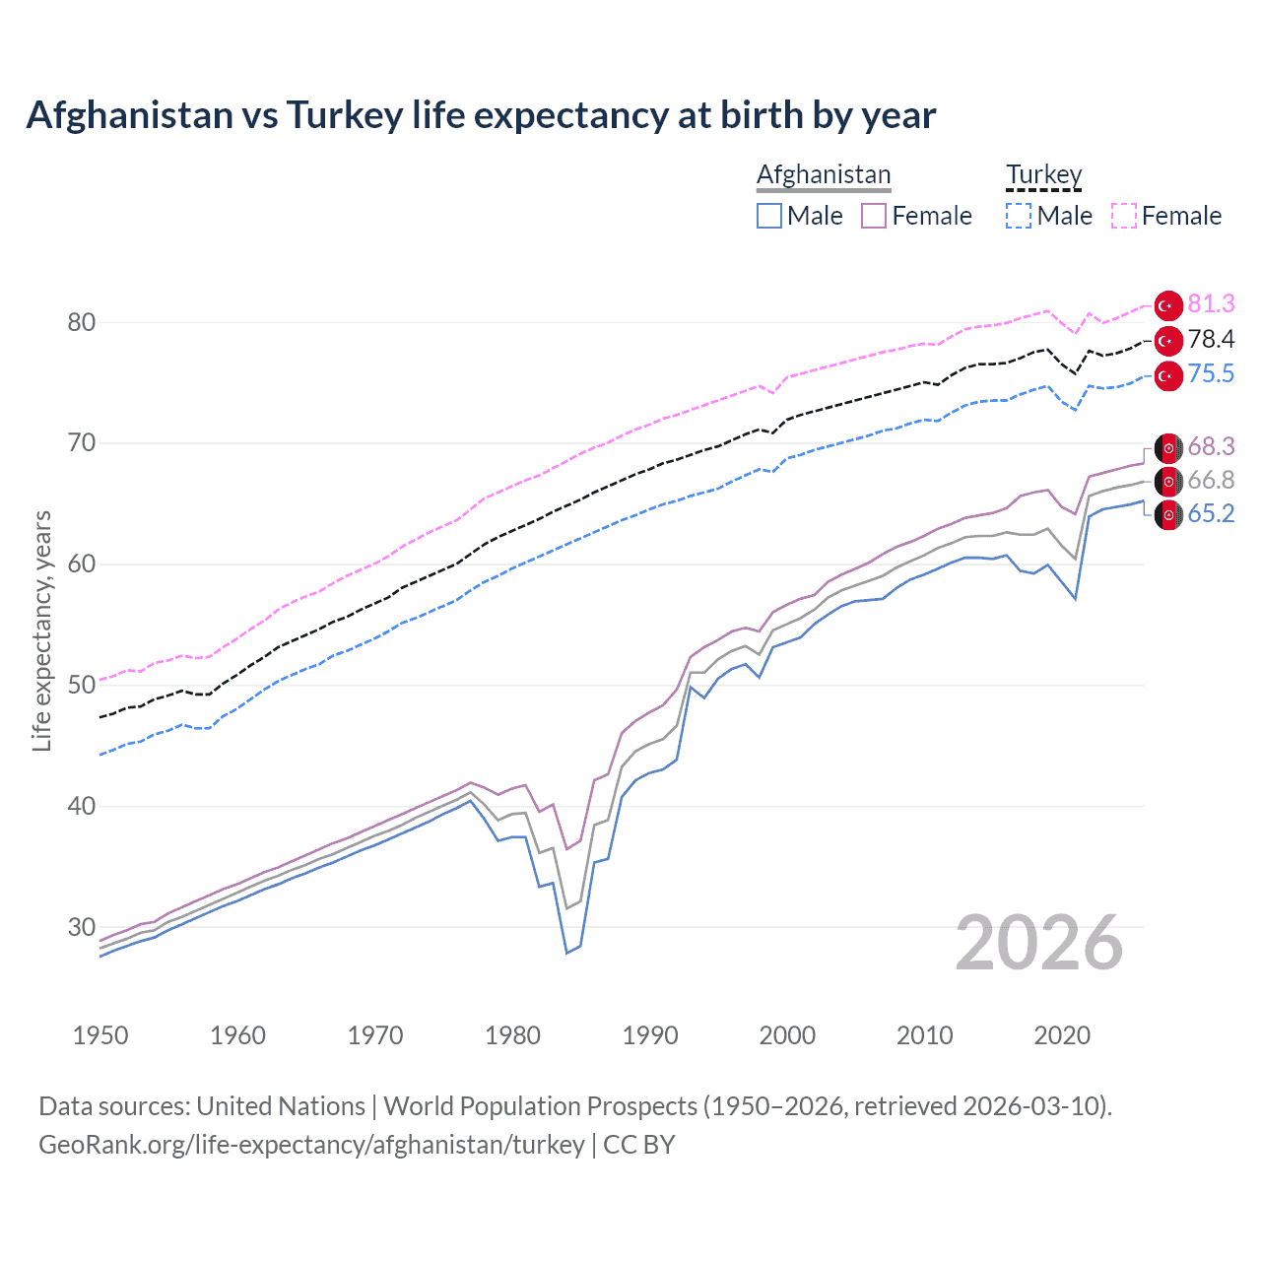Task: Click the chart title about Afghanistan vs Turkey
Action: coord(481,115)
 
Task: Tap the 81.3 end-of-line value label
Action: coord(1211,304)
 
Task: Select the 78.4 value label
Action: coord(1211,340)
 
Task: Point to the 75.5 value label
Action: coord(1211,374)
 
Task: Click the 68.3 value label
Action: coord(1211,447)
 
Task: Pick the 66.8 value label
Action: coord(1211,481)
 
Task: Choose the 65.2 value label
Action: coord(1211,514)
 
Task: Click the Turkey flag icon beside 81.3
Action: coord(1168,305)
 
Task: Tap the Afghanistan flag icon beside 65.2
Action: coord(1168,515)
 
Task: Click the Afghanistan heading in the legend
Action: coord(824,175)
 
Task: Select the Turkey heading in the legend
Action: coord(1043,175)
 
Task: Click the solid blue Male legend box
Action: coord(769,216)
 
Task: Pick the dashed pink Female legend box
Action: coord(1124,216)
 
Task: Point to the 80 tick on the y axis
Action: coord(82,323)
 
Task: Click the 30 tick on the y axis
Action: coord(82,927)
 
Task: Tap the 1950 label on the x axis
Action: coord(100,1035)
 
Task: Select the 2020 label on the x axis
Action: coord(1062,1035)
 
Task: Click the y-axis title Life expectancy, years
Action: coord(42,630)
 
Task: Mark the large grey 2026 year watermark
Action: coord(1039,943)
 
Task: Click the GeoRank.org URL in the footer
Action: coord(311,1145)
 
